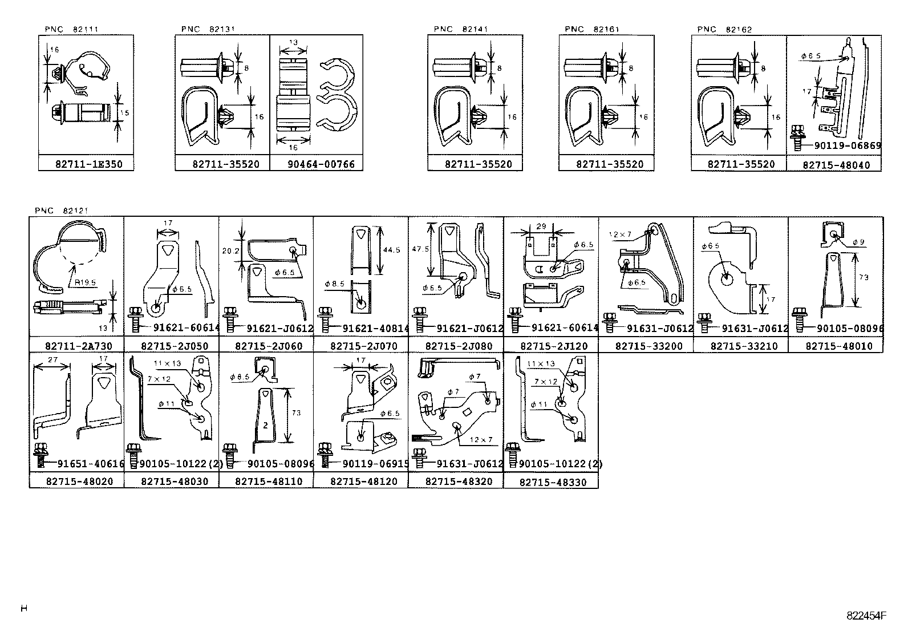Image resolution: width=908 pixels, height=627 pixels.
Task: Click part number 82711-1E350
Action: [86, 164]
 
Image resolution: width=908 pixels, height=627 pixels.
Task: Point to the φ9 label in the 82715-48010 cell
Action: [858, 242]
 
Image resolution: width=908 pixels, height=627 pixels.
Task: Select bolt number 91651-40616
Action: [90, 464]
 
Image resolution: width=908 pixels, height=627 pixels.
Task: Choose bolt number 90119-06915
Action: [375, 464]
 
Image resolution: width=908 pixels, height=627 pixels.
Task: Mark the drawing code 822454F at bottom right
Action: [867, 615]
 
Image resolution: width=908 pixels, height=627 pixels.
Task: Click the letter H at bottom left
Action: [24, 608]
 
